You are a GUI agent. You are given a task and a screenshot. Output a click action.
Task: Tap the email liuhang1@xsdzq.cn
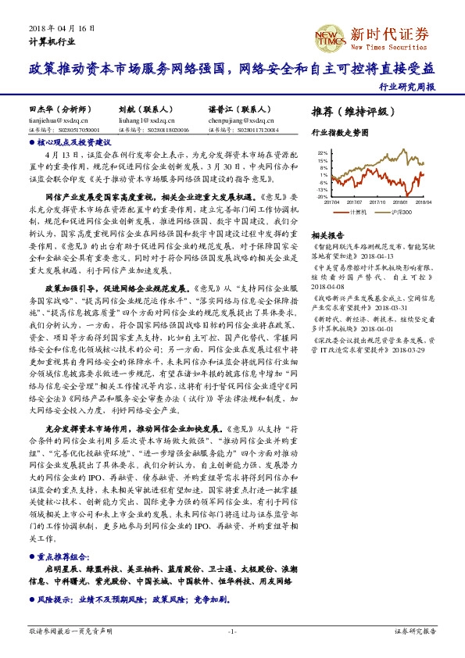tap(141, 121)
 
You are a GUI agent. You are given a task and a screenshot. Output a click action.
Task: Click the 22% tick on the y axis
tap(322, 153)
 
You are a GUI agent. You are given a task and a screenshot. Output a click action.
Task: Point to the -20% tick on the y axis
tap(321, 197)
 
